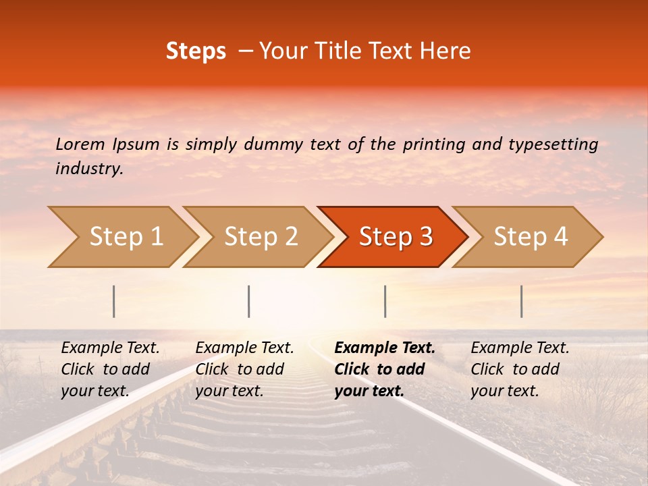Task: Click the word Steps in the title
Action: point(196,51)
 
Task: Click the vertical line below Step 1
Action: point(114,301)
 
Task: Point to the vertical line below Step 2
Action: point(249,301)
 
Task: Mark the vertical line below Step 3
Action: point(385,301)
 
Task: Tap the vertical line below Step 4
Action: point(522,301)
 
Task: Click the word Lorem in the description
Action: point(80,144)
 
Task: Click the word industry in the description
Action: point(89,169)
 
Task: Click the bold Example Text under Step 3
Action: point(385,348)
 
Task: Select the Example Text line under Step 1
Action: point(110,348)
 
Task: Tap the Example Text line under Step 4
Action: point(520,348)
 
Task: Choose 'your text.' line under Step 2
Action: point(229,391)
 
